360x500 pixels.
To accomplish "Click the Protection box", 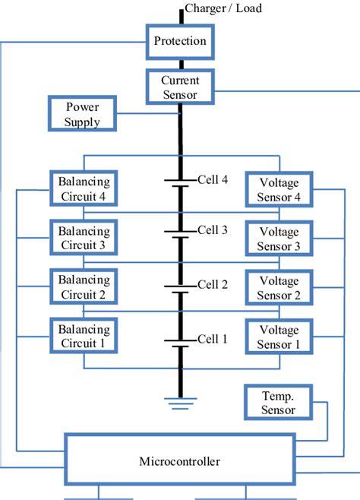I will (x=180, y=41).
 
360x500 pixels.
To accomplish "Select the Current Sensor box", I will (x=180, y=87).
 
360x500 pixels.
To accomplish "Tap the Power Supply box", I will (x=82, y=113).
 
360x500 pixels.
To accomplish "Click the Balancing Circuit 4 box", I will (x=84, y=189).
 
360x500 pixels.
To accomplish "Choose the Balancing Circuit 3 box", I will (x=84, y=238).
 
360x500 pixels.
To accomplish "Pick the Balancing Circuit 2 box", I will (x=84, y=286).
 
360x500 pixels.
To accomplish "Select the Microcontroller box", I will (x=180, y=459).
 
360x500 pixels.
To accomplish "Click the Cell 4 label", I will (x=212, y=180).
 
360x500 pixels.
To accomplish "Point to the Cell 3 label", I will (x=212, y=229).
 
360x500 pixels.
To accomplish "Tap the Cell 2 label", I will (x=212, y=284).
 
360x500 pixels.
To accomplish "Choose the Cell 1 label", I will (x=212, y=339).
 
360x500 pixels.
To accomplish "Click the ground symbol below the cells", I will (x=180, y=400).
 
